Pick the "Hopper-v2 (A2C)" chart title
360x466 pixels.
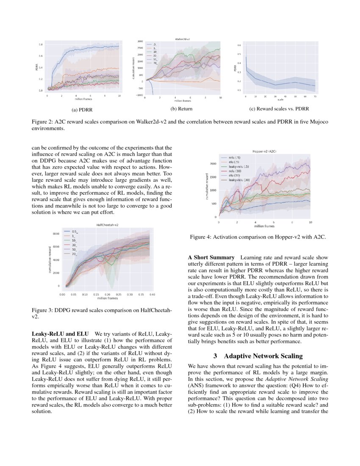click(x=265, y=151)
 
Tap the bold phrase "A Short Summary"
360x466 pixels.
click(x=211, y=257)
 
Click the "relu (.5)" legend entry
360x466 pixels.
click(x=234, y=157)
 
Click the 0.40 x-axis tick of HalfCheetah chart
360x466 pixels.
click(x=152, y=293)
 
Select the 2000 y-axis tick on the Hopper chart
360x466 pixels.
click(x=213, y=163)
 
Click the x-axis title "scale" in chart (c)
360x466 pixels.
click(x=280, y=100)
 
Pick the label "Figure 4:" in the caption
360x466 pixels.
click(x=202, y=237)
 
